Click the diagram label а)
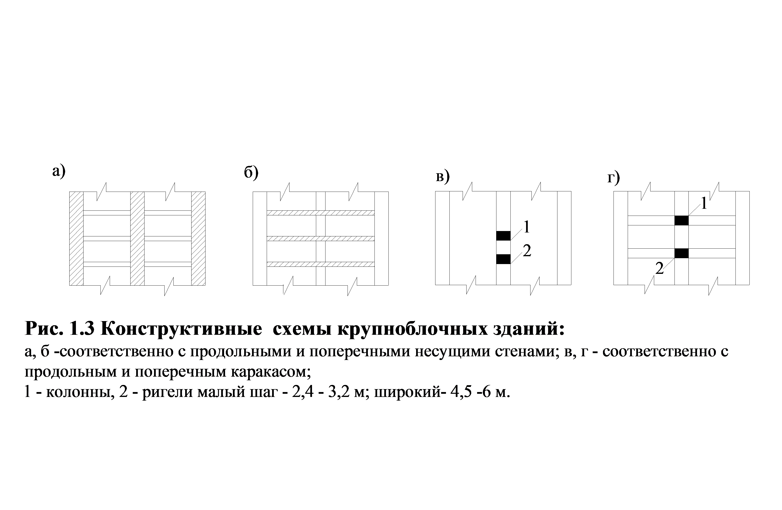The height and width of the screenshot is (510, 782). [59, 171]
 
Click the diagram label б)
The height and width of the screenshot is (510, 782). [251, 173]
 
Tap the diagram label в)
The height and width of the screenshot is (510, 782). [442, 177]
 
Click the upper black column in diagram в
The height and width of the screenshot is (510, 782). [503, 236]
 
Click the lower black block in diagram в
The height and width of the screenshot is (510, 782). [503, 259]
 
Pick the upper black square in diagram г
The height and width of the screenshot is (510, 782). [681, 220]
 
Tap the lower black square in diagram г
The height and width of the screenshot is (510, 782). [681, 253]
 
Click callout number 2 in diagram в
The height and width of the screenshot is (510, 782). [527, 251]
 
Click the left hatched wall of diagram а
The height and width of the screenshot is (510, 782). [76, 238]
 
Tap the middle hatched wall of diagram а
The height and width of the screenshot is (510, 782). [137, 238]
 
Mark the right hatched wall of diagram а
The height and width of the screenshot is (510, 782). [198, 238]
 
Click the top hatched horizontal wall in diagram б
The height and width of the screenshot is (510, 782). [320, 213]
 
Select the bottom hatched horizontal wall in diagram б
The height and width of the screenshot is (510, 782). [320, 264]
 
